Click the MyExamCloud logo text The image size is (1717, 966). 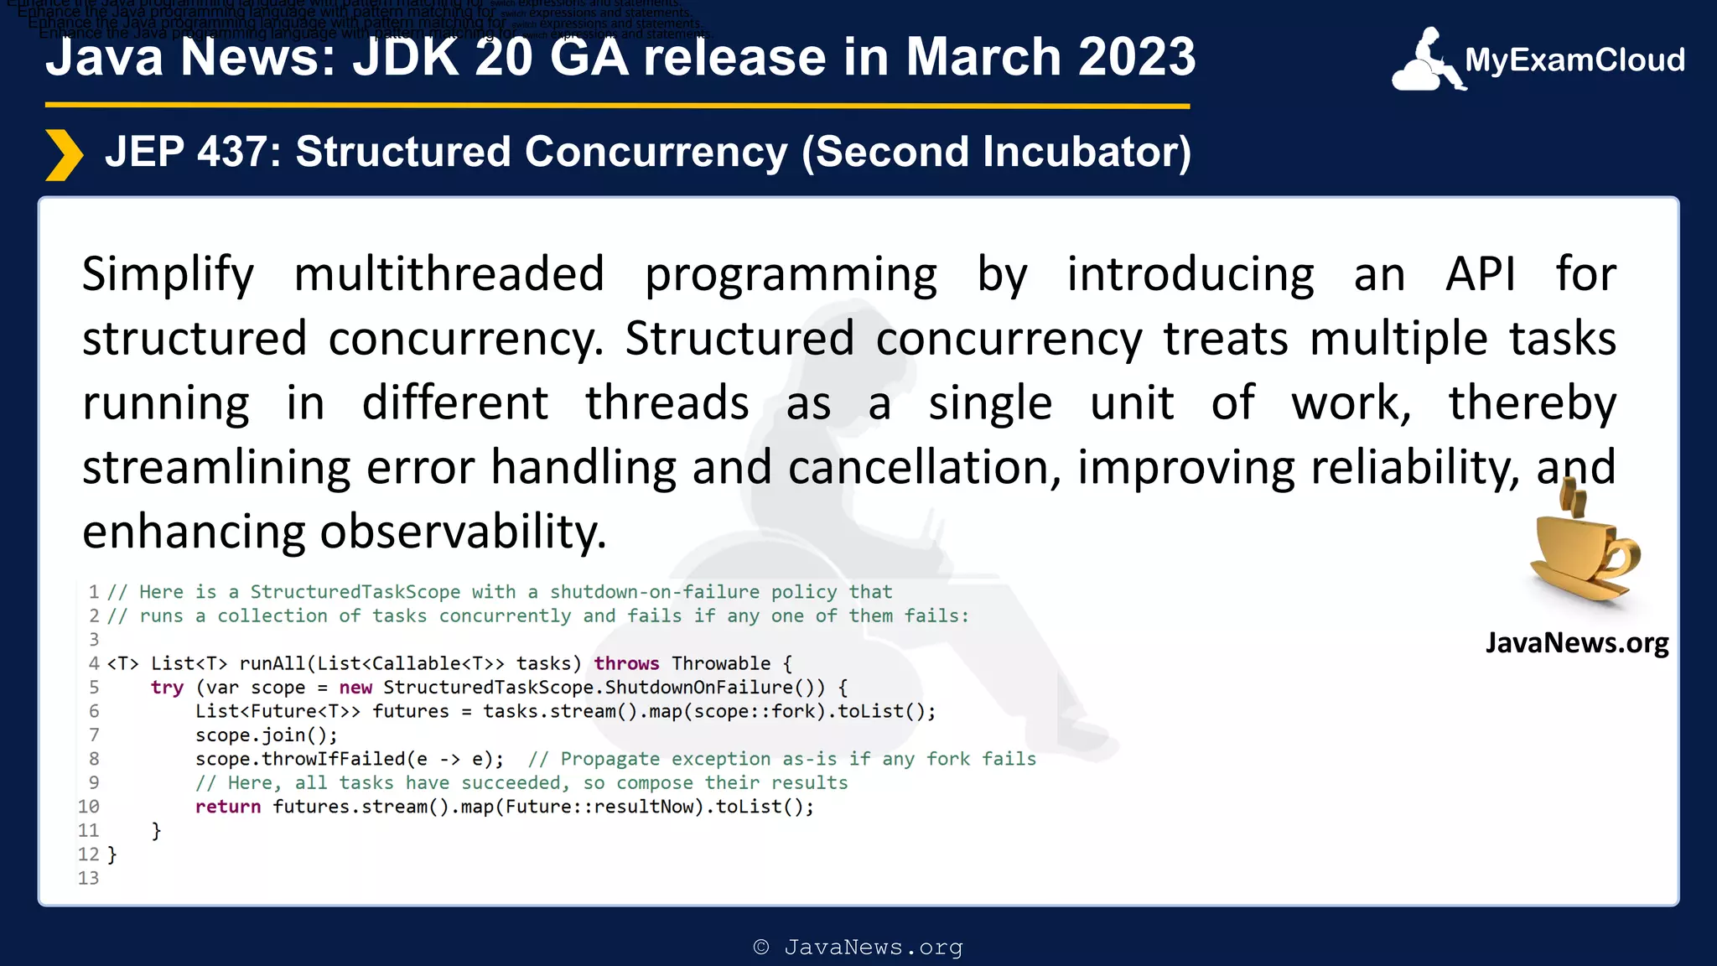(x=1574, y=60)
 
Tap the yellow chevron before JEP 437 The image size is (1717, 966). (x=64, y=155)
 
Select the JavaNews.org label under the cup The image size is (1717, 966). (x=1576, y=643)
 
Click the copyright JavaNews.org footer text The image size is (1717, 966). (x=858, y=948)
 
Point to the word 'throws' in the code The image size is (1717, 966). (x=626, y=663)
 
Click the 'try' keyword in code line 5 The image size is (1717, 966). (x=167, y=688)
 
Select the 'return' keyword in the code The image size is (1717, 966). (x=227, y=807)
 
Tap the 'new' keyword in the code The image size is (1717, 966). (x=355, y=688)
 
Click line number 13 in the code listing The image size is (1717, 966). (x=88, y=878)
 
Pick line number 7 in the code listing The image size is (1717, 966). (x=94, y=735)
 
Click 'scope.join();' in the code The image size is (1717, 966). (x=266, y=735)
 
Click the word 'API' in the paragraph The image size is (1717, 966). (x=1481, y=274)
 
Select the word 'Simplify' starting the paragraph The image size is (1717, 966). (x=168, y=274)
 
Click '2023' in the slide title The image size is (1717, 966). (x=1136, y=57)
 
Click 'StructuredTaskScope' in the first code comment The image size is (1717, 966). (x=355, y=592)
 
